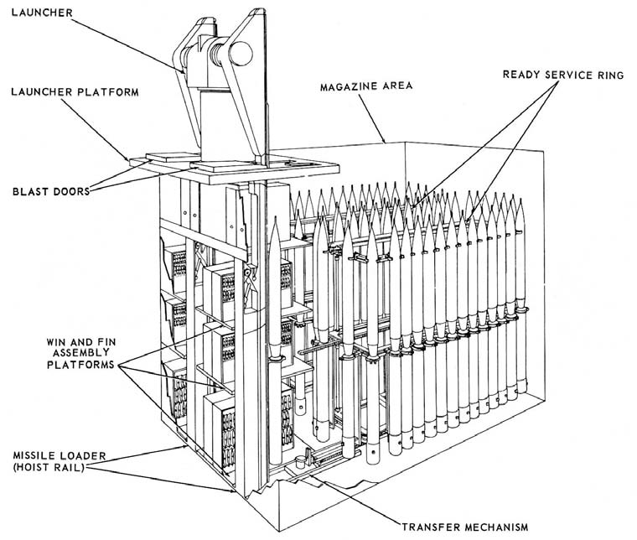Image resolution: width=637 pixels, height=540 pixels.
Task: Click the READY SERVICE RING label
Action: (563, 74)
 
